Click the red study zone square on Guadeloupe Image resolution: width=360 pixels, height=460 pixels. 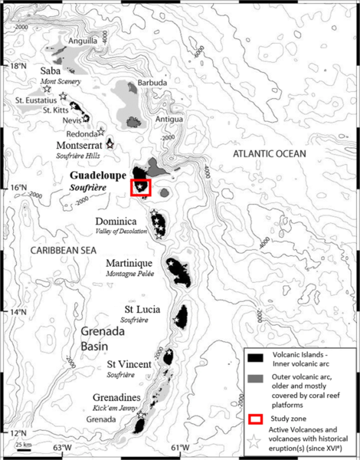[141, 187]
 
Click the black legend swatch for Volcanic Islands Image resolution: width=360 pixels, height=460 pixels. [257, 358]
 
